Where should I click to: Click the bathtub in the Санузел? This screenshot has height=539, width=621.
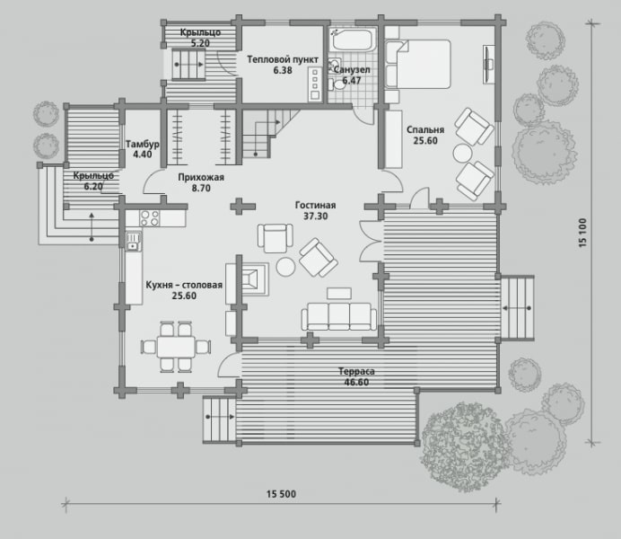[353, 39]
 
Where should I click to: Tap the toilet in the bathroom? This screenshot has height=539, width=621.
[337, 84]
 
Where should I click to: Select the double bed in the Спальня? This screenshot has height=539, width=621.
[418, 64]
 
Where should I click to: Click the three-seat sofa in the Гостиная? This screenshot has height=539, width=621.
[339, 316]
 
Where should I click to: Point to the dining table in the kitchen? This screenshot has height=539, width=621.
[176, 347]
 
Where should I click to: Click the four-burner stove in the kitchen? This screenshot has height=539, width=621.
[150, 218]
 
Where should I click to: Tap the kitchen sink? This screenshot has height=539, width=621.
[134, 242]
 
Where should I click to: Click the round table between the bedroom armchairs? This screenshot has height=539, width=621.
[462, 154]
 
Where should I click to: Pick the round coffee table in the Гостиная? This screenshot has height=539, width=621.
[285, 267]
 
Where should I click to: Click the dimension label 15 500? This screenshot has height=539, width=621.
[281, 494]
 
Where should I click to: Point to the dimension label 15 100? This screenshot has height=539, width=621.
[582, 233]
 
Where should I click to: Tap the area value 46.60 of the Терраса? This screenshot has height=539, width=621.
[356, 383]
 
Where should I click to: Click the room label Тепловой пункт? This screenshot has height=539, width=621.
[283, 59]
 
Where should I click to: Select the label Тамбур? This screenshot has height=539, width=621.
[143, 144]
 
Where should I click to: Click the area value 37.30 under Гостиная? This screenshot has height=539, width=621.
[316, 216]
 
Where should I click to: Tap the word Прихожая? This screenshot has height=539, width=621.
[201, 177]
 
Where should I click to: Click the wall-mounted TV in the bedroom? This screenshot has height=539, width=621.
[488, 64]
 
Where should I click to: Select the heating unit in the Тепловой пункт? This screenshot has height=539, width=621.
[315, 84]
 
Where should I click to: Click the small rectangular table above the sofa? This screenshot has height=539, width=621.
[339, 293]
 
